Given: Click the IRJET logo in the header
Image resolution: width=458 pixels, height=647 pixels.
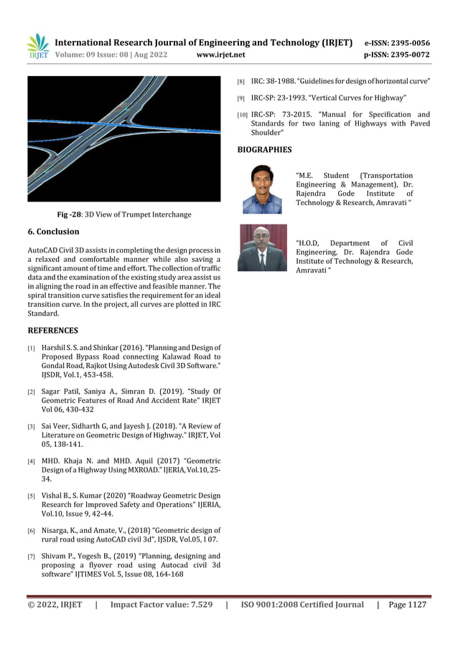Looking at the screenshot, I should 37,47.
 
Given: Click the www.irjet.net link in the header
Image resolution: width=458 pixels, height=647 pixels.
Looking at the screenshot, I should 220,55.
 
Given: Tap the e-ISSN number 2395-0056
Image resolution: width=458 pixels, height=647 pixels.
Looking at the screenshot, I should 406,43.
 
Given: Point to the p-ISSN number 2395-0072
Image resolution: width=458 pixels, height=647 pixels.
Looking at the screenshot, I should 406,55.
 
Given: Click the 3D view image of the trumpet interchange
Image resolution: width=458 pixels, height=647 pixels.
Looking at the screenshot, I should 123,138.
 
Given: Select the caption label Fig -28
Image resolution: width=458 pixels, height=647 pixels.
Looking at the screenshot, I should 70,214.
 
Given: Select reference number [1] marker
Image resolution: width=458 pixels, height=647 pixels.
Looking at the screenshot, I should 32,349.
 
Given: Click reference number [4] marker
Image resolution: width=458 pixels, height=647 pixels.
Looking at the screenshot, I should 32,461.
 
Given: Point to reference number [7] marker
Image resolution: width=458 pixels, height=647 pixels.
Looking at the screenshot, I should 32,556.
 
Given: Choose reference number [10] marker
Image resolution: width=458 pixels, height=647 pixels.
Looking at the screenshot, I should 242,115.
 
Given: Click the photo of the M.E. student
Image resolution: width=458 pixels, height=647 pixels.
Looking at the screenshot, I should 262,189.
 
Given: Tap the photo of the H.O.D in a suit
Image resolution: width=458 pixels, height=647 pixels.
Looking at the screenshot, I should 262,248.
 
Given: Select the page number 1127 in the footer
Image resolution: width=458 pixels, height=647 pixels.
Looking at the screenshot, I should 416,605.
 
